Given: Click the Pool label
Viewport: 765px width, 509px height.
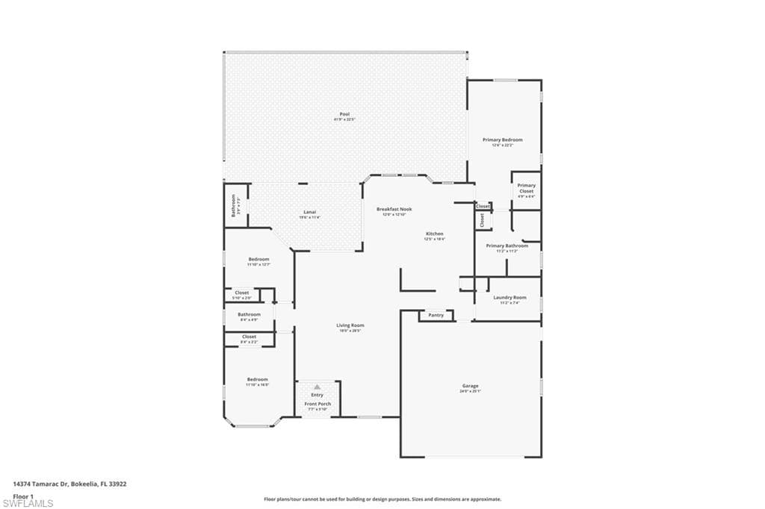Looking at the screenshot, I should [344, 114].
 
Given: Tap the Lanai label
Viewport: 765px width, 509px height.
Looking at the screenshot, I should [309, 212].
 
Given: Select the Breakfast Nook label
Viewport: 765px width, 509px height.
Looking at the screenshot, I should [394, 209].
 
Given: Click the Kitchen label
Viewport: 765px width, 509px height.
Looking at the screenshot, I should [435, 234].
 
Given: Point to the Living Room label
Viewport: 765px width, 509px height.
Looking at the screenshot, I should [350, 325].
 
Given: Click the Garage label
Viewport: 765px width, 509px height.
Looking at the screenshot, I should [470, 386].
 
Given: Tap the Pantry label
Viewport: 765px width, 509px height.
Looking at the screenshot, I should [436, 315].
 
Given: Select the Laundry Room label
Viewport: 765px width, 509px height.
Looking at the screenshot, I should [510, 297].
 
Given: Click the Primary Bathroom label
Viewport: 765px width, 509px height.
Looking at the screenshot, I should [507, 246].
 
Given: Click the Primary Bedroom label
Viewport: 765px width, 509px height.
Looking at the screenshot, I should [502, 140].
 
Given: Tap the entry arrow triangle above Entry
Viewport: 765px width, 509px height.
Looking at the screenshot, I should [317, 387].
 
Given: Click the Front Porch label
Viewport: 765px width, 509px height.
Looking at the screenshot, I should [318, 404].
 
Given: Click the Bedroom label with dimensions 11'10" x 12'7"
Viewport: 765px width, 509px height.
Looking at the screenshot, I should [258, 259].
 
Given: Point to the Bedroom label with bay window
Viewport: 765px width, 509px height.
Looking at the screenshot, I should [257, 380].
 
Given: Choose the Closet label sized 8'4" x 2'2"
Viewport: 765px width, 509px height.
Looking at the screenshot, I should [250, 337].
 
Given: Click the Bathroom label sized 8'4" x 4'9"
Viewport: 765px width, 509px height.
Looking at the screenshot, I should [250, 315].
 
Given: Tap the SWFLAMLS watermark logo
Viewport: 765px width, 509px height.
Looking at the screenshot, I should [28, 502].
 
